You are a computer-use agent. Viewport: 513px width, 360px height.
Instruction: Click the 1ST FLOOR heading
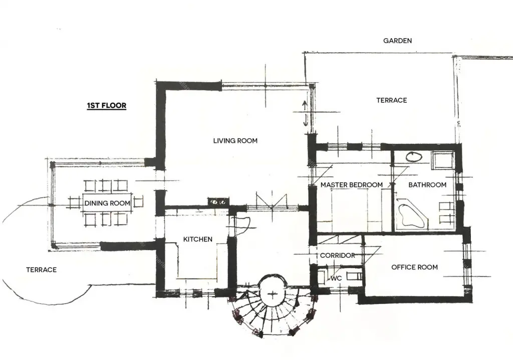107,105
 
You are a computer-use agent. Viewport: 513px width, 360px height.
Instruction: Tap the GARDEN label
397,41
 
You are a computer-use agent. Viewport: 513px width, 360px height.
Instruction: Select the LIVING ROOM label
235,140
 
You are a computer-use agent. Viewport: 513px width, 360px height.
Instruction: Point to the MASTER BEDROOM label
352,185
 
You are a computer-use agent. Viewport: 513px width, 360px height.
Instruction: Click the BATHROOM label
427,185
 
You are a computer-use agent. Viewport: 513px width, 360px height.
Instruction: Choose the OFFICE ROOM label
414,267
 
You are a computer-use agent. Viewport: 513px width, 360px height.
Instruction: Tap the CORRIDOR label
337,255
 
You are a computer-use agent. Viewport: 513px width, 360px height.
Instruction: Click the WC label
336,278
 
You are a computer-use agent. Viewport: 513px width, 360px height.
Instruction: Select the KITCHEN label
197,239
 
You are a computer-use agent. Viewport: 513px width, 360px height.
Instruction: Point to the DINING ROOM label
107,203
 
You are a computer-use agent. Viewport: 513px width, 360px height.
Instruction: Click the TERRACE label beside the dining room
41,270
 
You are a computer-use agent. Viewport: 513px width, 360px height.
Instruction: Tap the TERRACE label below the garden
392,100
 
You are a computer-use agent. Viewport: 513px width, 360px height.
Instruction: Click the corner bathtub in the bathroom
411,216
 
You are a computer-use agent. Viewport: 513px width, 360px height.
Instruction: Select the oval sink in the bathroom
414,156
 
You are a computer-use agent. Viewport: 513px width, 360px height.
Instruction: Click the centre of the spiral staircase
273,294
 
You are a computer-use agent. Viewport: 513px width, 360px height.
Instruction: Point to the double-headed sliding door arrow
305,113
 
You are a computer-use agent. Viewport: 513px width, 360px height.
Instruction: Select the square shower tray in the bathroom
442,160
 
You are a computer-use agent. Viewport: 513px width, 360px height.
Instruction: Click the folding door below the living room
272,202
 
